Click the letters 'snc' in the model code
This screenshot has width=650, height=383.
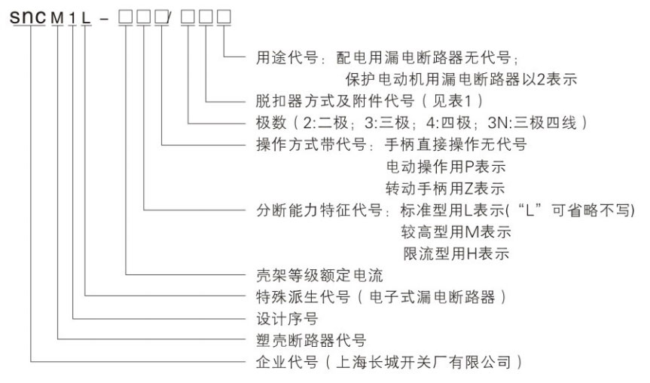point(28,17)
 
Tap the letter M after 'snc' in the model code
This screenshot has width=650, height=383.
point(57,18)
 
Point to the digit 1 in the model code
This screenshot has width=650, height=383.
point(73,18)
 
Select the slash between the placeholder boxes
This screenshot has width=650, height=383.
point(169,17)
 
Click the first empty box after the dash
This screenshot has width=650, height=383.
point(126,17)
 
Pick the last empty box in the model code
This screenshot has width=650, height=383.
point(224,17)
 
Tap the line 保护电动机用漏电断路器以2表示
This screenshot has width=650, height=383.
point(461,79)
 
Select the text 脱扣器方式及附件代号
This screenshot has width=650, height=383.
point(335,101)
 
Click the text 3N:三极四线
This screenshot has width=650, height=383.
point(533,122)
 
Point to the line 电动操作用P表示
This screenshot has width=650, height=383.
point(446,167)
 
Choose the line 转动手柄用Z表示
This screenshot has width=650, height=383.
point(445,188)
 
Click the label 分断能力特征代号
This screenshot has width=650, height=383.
point(319,210)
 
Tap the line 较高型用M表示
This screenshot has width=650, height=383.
point(456,231)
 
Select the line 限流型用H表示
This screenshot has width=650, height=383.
point(456,253)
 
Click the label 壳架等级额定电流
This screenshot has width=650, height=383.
point(319,275)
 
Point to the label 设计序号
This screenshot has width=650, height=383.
point(287,319)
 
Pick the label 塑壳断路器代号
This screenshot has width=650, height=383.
point(311,340)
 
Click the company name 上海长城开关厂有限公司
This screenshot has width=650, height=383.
point(423,362)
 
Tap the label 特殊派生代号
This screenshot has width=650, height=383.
point(303,297)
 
